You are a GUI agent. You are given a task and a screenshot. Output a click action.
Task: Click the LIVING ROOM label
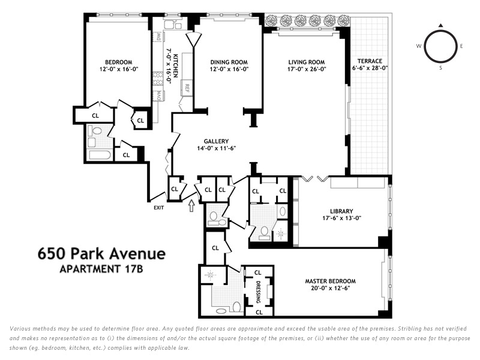(307, 62)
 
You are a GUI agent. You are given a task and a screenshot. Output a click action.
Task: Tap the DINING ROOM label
(229, 62)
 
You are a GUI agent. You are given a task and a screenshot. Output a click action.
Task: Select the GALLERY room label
(216, 141)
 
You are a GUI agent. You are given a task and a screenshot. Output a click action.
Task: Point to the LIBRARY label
(341, 211)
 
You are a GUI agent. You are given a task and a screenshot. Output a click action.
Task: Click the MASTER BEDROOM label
(331, 281)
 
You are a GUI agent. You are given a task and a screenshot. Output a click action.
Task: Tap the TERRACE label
(370, 61)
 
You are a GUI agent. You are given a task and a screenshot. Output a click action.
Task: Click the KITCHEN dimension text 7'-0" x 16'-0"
(169, 65)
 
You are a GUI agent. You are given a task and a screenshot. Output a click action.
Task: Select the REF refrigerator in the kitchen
(187, 88)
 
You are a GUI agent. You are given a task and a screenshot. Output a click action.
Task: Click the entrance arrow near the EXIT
(191, 205)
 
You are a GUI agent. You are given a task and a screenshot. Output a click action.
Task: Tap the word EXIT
(158, 208)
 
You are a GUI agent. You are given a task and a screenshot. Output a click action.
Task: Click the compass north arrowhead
(440, 25)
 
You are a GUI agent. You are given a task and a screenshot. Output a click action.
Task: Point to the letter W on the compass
(418, 46)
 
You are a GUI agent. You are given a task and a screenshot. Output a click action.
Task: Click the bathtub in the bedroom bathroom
(100, 155)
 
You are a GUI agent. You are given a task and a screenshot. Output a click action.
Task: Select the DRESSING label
(258, 292)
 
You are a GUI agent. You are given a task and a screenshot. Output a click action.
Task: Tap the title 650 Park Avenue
(101, 253)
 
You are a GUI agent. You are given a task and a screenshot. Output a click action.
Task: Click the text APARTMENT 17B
(101, 269)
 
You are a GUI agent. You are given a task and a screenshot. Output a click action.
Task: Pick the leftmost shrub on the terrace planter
(271, 21)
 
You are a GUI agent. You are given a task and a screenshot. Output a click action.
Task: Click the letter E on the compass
(461, 46)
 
